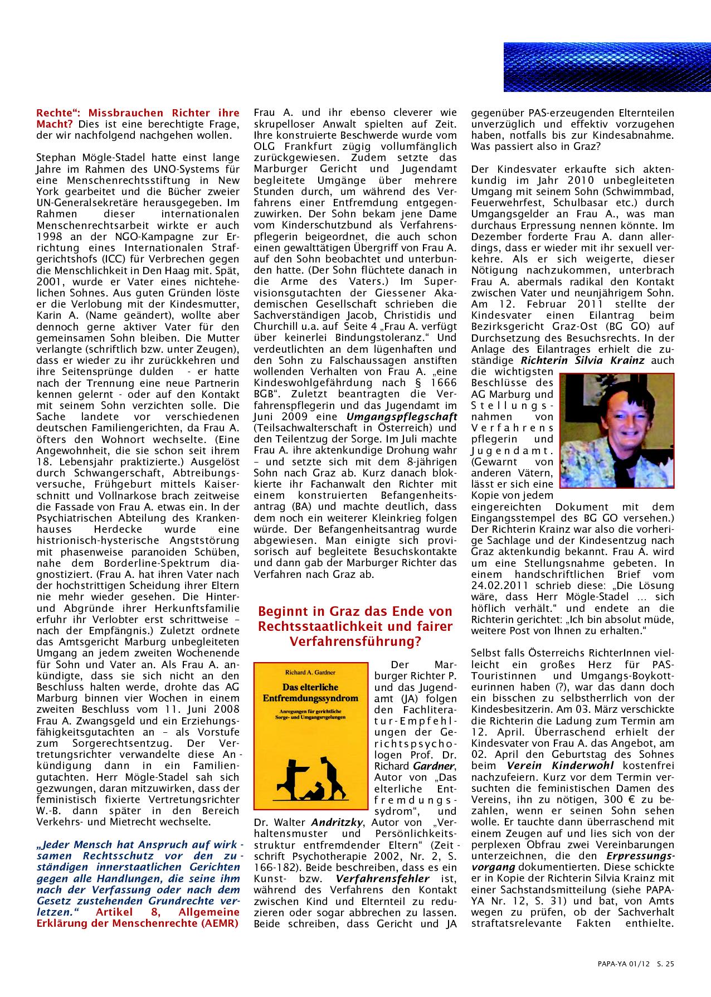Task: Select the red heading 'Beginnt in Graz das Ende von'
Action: coord(355,611)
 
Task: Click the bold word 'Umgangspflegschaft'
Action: coord(402,416)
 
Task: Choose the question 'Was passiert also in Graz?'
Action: coord(534,146)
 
